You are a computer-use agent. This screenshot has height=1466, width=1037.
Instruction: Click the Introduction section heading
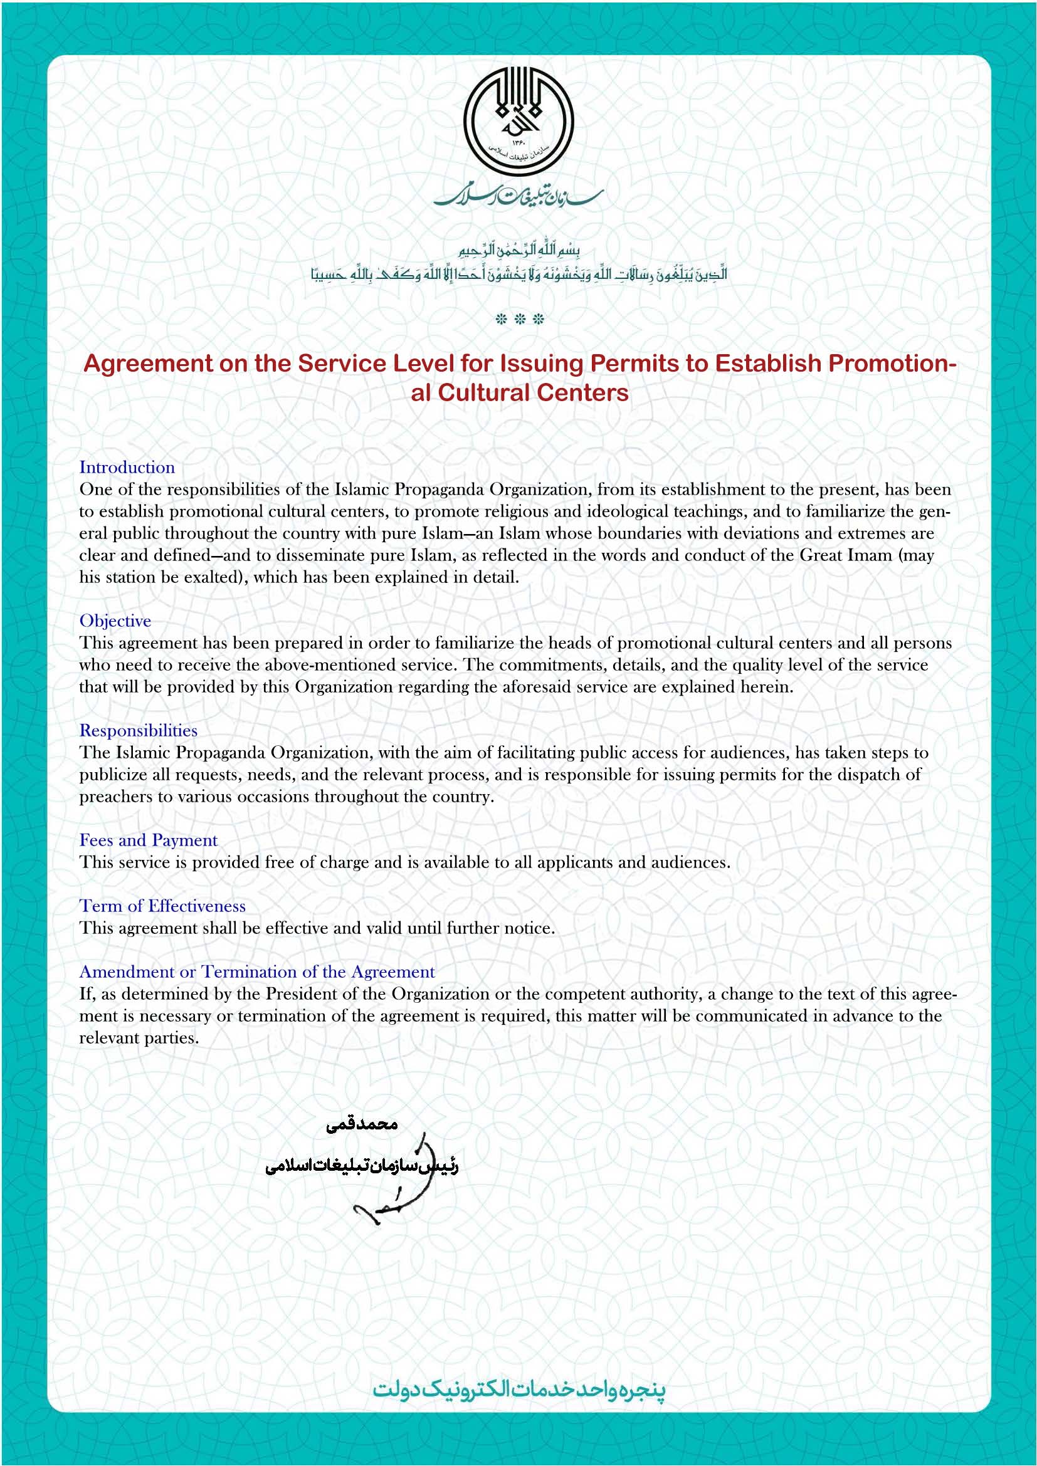127,468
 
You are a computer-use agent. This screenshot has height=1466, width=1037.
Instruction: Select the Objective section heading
115,620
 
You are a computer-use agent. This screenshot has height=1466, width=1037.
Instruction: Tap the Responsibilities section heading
138,730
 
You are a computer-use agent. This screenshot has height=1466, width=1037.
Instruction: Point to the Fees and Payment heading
148,840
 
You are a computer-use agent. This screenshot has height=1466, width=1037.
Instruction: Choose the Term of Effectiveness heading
162,906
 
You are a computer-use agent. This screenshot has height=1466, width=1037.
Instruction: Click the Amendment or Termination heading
256,972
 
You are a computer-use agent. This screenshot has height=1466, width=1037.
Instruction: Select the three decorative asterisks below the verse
519,319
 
